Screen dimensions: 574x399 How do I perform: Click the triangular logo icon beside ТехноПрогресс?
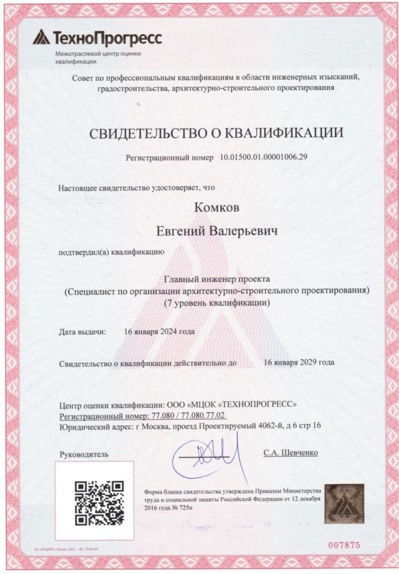tap(41, 37)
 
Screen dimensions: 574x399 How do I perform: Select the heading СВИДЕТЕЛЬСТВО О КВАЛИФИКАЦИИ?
tap(216, 133)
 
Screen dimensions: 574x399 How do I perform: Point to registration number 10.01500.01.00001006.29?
tap(263, 158)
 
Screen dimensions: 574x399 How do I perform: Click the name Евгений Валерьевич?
tap(216, 231)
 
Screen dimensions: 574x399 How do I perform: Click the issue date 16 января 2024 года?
tap(159, 332)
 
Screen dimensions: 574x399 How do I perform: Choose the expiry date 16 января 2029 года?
tap(299, 362)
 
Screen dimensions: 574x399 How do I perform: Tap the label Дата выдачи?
tap(82, 332)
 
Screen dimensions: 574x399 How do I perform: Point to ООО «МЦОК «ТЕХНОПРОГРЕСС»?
tap(228, 404)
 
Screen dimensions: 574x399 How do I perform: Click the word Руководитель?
tap(84, 454)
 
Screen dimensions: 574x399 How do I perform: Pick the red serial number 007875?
tap(344, 545)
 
